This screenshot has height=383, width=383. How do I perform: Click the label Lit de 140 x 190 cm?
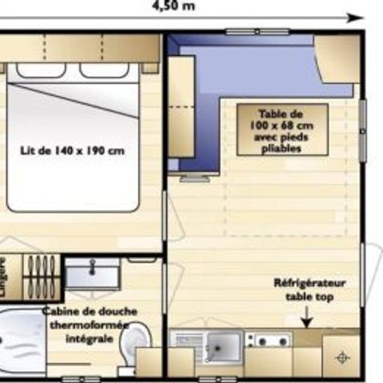(73, 149)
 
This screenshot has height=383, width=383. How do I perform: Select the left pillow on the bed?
(41, 70)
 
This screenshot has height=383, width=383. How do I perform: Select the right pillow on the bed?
(104, 70)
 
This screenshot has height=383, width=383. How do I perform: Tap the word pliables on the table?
(281, 148)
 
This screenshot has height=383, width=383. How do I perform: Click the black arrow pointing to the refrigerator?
(305, 319)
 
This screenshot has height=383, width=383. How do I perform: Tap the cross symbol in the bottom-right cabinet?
(343, 358)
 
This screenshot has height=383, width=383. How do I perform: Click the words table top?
(310, 297)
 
